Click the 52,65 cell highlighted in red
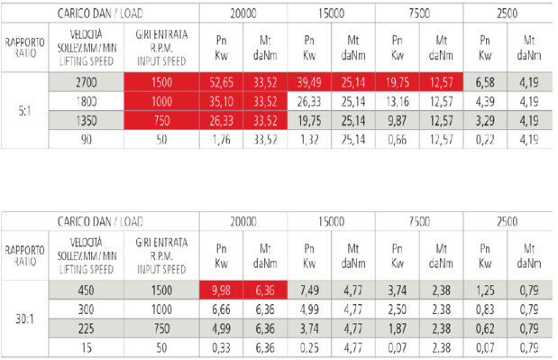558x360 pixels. click(x=221, y=82)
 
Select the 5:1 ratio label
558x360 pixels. click(x=24, y=111)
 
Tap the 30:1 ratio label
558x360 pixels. click(x=24, y=319)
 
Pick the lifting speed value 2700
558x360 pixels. click(x=87, y=82)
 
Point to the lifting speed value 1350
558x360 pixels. click(x=87, y=121)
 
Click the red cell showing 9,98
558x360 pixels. click(x=221, y=291)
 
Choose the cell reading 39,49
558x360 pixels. click(x=309, y=82)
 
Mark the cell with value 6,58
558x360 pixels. click(x=485, y=82)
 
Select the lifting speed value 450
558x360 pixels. click(x=87, y=291)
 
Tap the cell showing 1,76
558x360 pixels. click(x=221, y=140)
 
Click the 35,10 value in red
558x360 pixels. click(x=221, y=101)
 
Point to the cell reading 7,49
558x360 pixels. click(x=309, y=291)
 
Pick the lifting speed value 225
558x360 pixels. click(x=87, y=328)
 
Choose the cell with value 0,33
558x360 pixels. click(x=221, y=348)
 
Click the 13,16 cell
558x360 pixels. click(x=398, y=101)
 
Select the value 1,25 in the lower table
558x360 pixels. click(x=485, y=291)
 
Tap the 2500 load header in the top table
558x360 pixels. click(x=508, y=14)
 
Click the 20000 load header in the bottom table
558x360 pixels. click(x=243, y=221)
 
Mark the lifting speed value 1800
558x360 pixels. click(x=87, y=101)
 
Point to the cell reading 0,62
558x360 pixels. click(x=485, y=328)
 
